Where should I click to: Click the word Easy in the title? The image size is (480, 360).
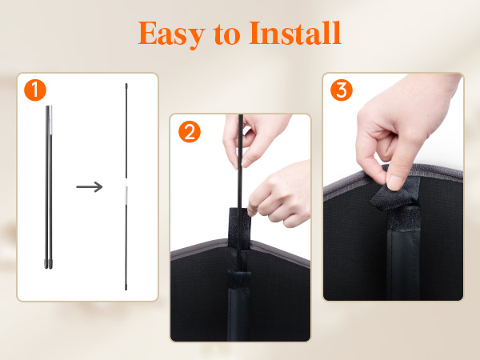(x=171, y=34)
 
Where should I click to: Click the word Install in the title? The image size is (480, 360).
(x=295, y=33)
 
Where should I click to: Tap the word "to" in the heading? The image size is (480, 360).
(x=227, y=34)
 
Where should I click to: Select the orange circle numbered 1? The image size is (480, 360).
(x=35, y=90)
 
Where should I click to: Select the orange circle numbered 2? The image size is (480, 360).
(x=190, y=132)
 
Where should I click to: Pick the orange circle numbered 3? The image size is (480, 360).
(x=342, y=90)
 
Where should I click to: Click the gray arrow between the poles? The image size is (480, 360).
(x=90, y=186)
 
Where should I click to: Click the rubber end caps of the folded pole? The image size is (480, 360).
(x=48, y=264)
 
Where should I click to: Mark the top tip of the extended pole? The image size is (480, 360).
(x=126, y=84)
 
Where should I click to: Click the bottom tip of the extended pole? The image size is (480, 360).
(x=126, y=289)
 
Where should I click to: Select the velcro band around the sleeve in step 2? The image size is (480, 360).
(x=239, y=279)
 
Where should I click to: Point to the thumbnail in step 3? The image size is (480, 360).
(x=396, y=182)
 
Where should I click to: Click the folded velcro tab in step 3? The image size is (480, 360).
(x=395, y=196)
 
